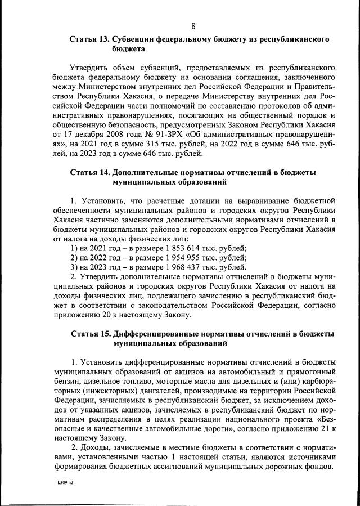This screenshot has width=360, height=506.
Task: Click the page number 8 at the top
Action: point(193,26)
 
